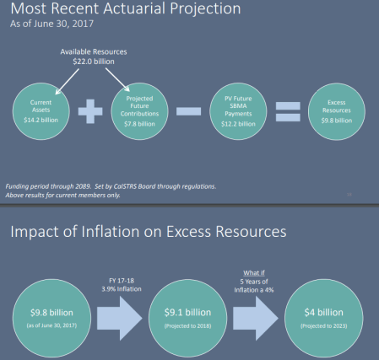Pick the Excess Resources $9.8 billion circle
(x=335, y=114)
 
